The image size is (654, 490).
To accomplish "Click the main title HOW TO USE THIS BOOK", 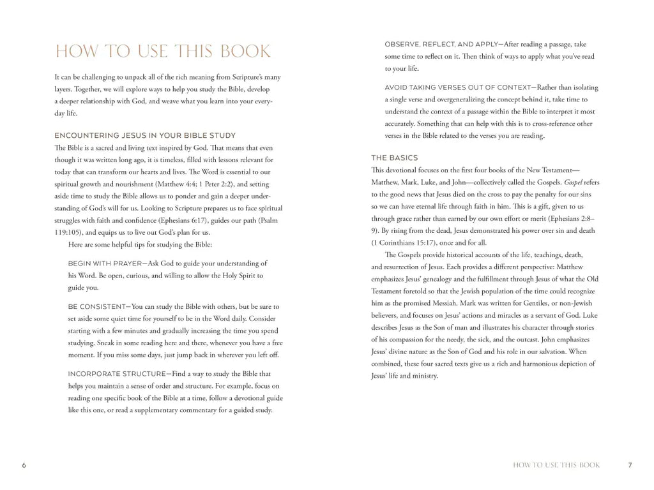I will click(163, 52).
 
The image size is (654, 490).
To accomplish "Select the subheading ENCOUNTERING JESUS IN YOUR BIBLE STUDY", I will click(145, 135).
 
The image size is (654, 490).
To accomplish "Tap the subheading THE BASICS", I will click(394, 158).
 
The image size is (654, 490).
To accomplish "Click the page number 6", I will click(24, 465).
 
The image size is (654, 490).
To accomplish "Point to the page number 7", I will click(630, 465).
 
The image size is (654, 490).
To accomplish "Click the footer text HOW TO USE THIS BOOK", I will click(556, 465).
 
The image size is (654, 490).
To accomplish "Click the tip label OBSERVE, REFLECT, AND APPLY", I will click(443, 45).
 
